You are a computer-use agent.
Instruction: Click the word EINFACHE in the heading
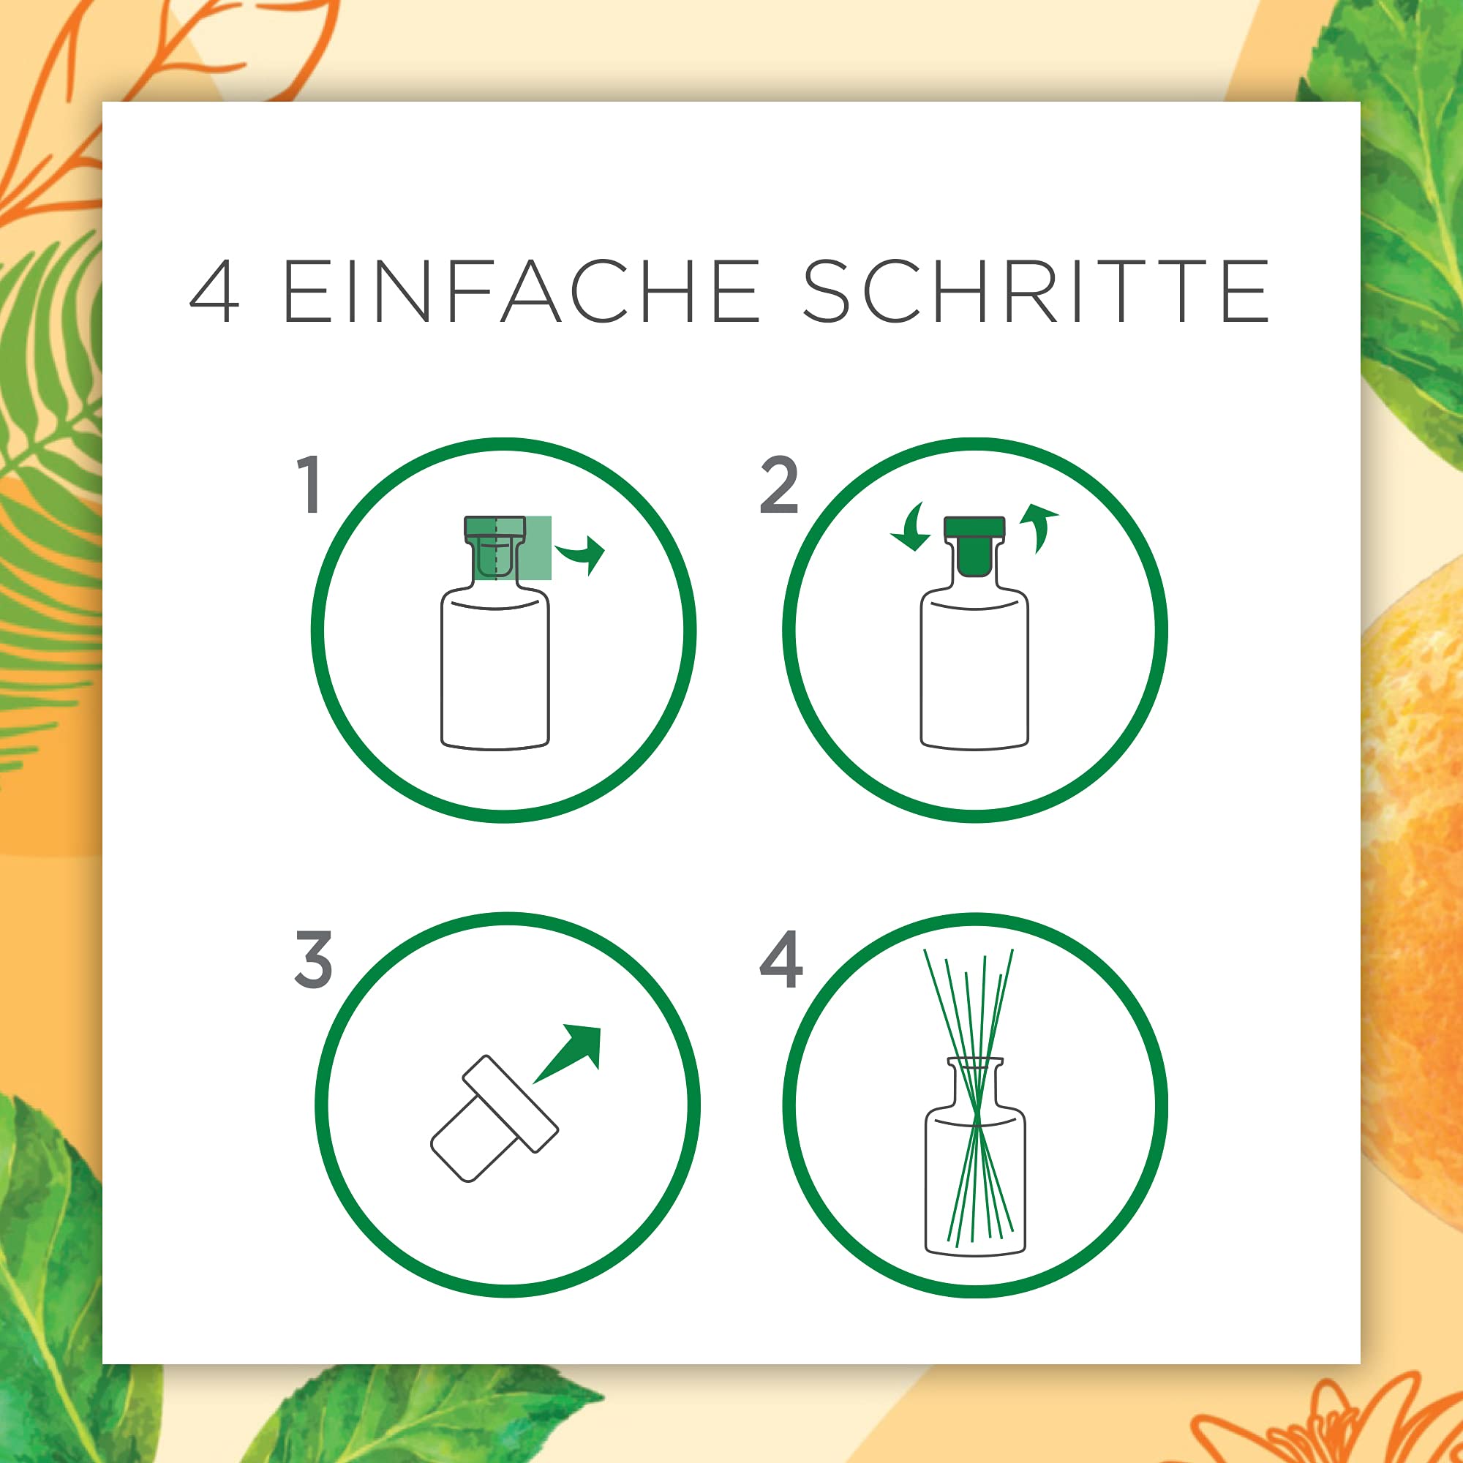pos(520,291)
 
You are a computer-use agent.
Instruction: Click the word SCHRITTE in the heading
pos(1035,291)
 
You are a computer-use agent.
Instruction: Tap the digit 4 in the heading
pos(215,292)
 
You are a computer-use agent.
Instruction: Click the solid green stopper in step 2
pos(974,545)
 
